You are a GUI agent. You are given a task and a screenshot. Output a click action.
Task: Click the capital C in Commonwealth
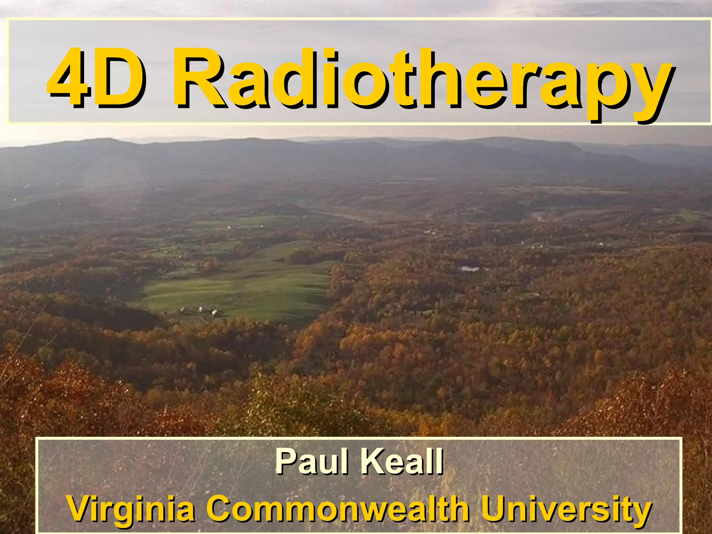coord(220,508)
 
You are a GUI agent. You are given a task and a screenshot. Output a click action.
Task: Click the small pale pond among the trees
coord(469,268)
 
